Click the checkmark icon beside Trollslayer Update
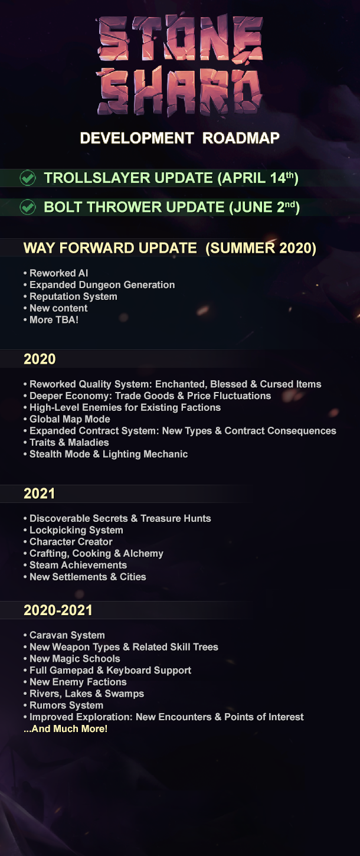click(28, 178)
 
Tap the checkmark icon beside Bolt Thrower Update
click(28, 207)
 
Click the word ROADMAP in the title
click(241, 138)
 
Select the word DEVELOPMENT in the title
click(137, 138)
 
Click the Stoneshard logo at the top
click(180, 66)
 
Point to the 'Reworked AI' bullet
click(56, 273)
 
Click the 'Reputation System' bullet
click(70, 296)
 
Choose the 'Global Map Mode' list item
click(67, 419)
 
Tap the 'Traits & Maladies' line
click(66, 443)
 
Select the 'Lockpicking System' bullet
click(73, 530)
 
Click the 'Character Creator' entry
click(68, 542)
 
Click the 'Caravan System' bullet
click(64, 635)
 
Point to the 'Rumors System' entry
click(63, 705)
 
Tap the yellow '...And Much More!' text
click(66, 728)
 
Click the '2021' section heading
click(40, 494)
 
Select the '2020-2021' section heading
click(58, 610)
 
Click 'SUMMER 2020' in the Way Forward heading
click(261, 249)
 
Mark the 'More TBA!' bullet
click(51, 320)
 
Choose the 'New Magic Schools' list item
click(72, 659)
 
